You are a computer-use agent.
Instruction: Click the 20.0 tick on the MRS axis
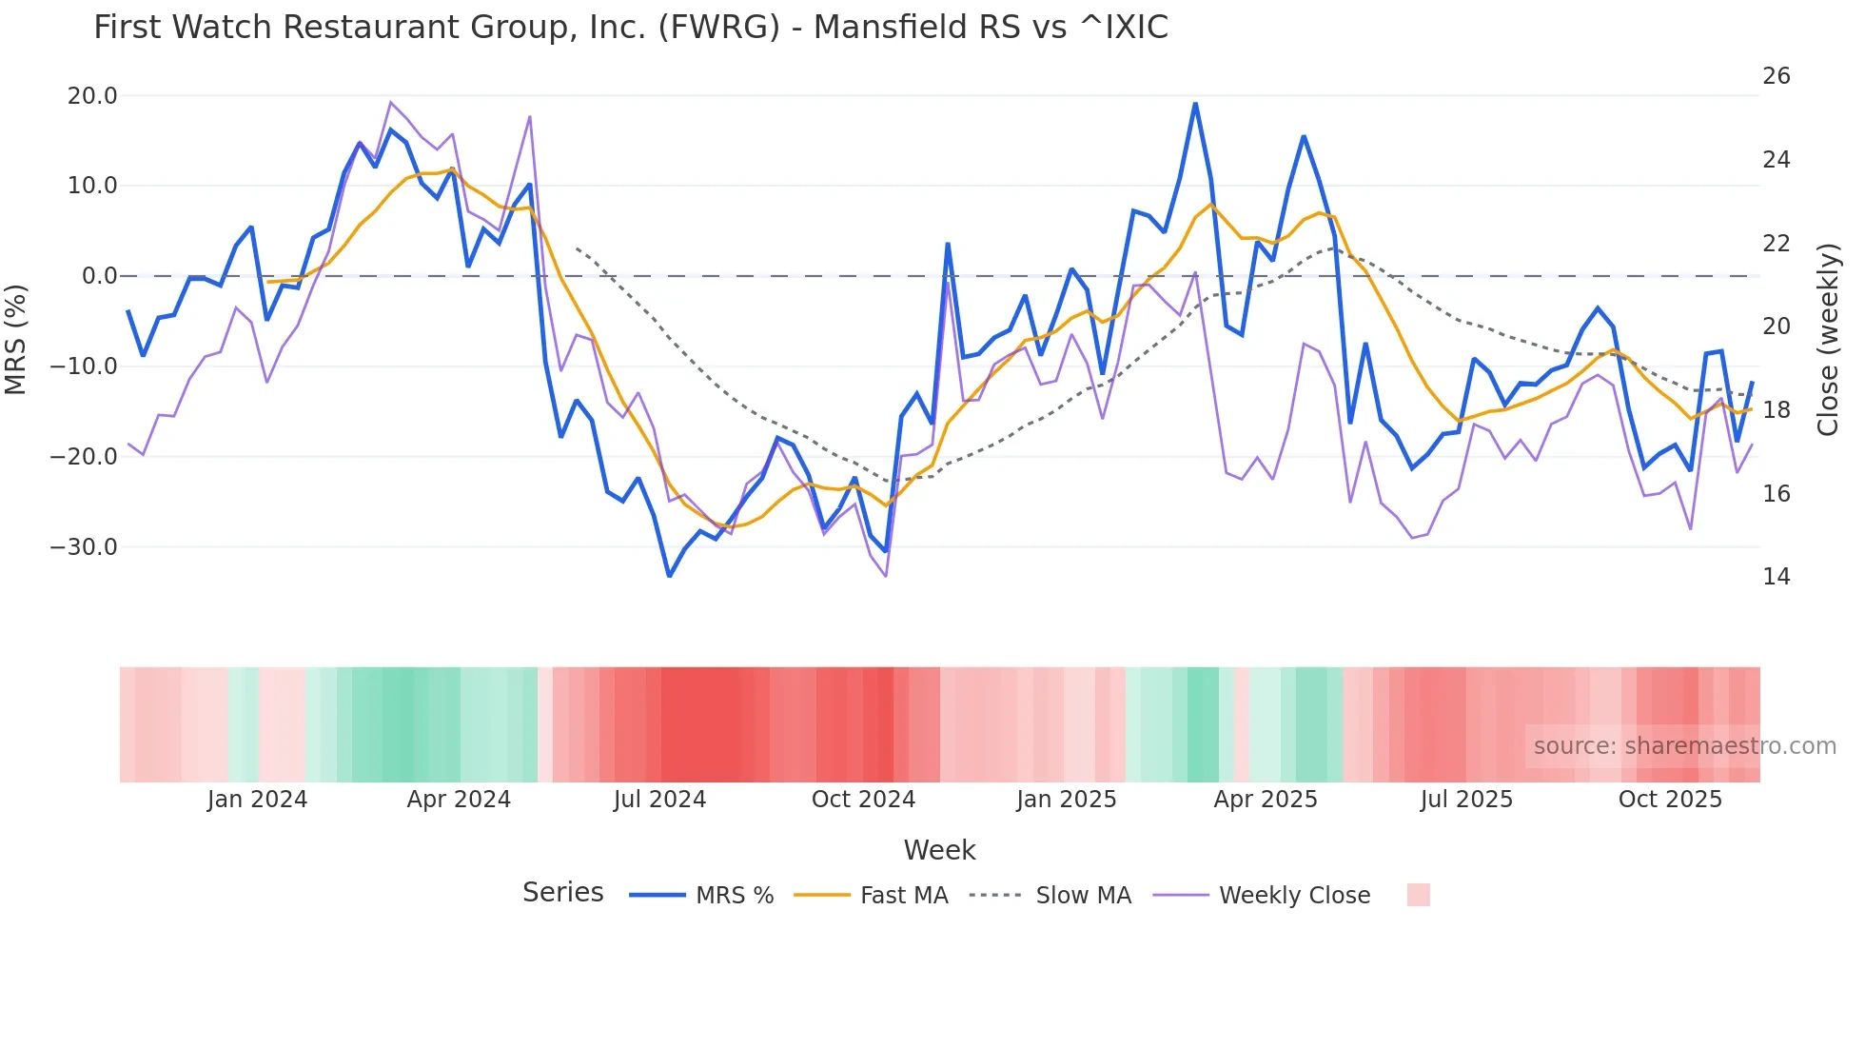tap(92, 96)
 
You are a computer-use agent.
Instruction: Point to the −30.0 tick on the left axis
tap(84, 547)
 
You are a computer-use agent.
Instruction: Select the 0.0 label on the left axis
tap(100, 276)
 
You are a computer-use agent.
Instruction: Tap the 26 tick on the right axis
tap(1776, 76)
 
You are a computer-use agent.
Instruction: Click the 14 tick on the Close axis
tap(1776, 577)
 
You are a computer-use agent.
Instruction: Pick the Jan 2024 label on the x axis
tap(257, 800)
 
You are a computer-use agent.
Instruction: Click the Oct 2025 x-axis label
tap(1670, 800)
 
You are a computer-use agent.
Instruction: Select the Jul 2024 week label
tap(659, 800)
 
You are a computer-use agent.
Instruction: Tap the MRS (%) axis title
tap(16, 339)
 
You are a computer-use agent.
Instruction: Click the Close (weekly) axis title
tap(1827, 339)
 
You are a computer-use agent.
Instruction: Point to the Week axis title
tap(939, 850)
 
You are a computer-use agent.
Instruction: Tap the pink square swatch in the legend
tap(1418, 895)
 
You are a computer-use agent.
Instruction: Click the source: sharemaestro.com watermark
tap(1684, 746)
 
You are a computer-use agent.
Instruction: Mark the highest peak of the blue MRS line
tap(1195, 104)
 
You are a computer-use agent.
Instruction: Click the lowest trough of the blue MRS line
tap(669, 576)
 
